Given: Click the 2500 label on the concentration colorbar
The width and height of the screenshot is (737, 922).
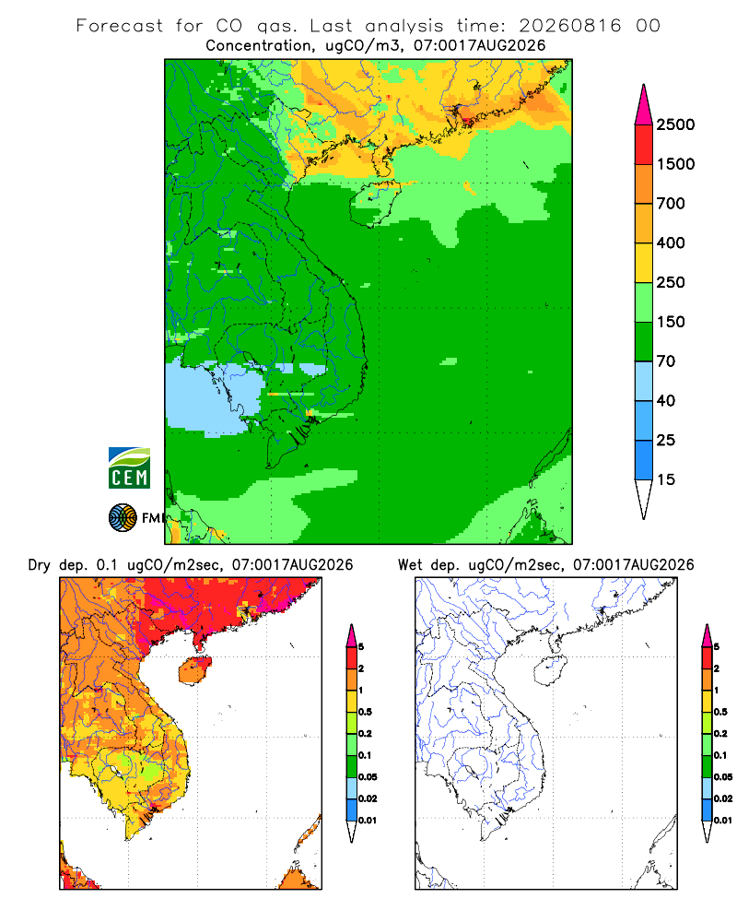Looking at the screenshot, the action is [675, 124].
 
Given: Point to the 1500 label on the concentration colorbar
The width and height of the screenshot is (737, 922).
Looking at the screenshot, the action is [675, 164].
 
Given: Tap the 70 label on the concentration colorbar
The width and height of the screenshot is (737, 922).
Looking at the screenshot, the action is [665, 361].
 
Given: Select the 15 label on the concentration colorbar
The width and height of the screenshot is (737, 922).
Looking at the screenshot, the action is [665, 479].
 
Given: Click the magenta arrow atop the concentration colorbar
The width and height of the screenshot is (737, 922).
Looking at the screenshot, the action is [644, 106].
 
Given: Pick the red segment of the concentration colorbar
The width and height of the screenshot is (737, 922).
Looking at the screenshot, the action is [644, 145].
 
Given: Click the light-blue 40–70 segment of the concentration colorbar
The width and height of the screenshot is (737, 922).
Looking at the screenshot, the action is [644, 381].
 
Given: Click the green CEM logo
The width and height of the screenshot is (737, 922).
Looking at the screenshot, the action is [129, 468].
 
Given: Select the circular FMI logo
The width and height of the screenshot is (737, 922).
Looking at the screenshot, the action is [123, 517].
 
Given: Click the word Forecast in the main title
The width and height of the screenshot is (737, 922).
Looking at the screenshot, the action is [120, 26].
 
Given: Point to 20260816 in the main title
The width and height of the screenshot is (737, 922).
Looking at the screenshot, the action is [569, 26].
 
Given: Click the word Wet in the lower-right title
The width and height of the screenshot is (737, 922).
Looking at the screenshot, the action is [410, 565].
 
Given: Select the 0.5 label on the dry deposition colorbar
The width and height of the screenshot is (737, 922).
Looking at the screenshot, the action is [365, 712].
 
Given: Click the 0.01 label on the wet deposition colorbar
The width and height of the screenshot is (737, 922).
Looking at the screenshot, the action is [723, 821].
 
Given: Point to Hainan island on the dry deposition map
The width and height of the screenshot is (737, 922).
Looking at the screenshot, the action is [194, 670].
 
